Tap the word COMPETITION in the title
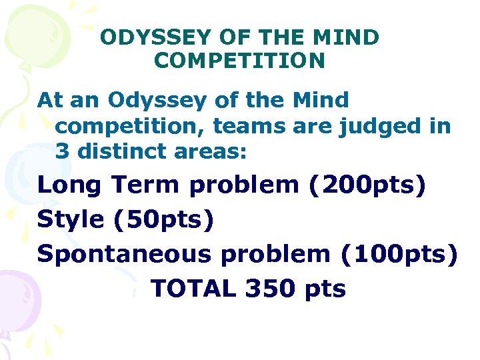tap(239, 61)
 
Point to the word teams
tap(246, 126)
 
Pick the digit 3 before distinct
tap(63, 151)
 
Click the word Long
tap(70, 185)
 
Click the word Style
tap(70, 219)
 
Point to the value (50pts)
tap(164, 219)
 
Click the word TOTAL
tap(193, 289)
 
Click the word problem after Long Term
tap(244, 185)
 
